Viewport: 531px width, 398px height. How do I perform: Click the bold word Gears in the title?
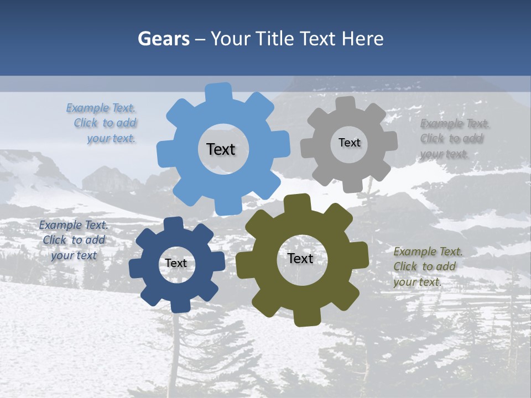(163, 39)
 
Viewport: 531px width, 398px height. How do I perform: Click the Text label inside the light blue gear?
(221, 149)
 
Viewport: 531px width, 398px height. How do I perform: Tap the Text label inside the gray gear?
(349, 143)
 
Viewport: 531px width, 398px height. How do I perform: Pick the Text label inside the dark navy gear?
(176, 263)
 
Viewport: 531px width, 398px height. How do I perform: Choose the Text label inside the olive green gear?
(300, 258)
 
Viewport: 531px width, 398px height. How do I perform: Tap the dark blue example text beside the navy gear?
(74, 240)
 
